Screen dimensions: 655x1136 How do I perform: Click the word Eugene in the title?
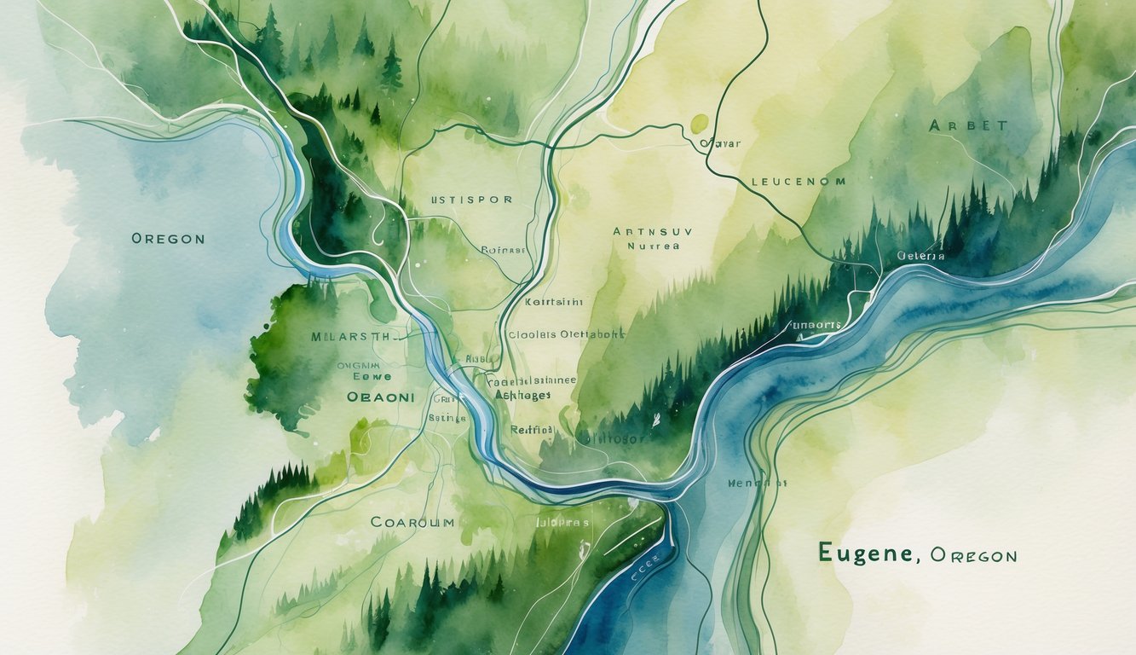(867, 553)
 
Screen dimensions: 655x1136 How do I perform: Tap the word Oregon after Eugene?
(973, 555)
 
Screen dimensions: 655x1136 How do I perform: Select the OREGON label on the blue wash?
(168, 239)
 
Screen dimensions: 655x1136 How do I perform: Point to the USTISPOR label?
(471, 200)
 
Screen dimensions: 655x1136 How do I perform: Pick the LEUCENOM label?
(799, 182)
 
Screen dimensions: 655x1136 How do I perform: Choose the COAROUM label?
(412, 521)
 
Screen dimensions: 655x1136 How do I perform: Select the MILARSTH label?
(351, 336)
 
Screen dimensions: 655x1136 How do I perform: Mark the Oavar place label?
(719, 144)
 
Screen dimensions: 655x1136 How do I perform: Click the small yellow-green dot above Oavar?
(699, 125)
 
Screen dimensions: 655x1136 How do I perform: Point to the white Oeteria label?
(920, 255)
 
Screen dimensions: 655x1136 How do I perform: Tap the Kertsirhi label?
(554, 302)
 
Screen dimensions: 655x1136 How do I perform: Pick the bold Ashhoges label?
(522, 395)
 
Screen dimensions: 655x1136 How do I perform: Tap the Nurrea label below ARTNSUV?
(653, 246)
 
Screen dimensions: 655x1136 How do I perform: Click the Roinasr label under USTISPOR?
(504, 251)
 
